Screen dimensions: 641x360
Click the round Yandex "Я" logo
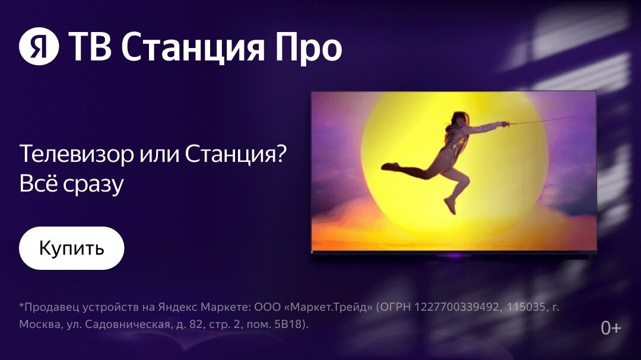coord(39,46)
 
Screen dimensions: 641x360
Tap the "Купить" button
coord(72,248)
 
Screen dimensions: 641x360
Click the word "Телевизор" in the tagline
coord(77,154)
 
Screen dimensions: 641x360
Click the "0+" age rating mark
coord(611,328)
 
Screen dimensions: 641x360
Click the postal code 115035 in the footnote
coord(526,307)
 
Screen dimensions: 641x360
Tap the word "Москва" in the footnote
coord(39,324)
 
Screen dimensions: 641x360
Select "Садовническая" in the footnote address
coord(126,324)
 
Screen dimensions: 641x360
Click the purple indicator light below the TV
coord(454,256)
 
